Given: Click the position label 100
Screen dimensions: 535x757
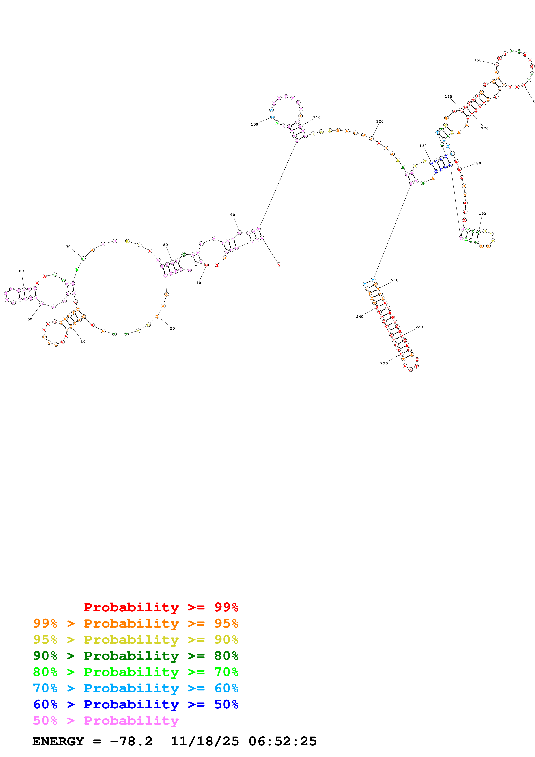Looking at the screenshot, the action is tap(254, 124).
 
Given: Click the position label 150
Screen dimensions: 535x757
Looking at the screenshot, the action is tap(477, 60).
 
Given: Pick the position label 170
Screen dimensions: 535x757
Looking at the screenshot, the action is tap(484, 128).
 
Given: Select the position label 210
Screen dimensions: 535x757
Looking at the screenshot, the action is tap(394, 280).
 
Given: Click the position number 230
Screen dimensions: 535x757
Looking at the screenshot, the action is tap(384, 363).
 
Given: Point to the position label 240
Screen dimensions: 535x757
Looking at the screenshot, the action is tap(359, 317).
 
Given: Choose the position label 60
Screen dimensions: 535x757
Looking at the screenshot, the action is tap(21, 271).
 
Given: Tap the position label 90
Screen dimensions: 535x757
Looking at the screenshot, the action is tap(232, 215).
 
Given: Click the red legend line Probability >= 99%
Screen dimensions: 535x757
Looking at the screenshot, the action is tap(161, 607).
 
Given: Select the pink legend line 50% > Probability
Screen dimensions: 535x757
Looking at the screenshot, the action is tap(106, 720).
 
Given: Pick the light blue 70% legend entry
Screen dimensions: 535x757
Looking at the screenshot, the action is tap(136, 688).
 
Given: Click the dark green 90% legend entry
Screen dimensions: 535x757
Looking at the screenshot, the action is tap(136, 656).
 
